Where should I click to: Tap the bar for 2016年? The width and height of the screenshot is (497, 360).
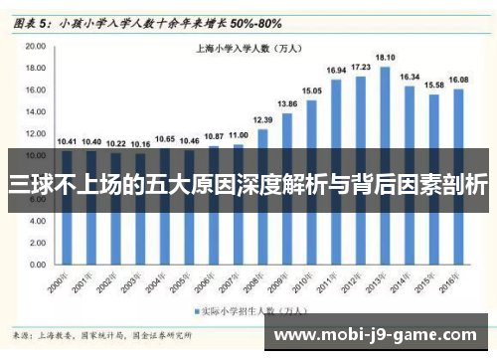point(458,169)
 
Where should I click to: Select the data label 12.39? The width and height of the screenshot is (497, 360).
point(262,119)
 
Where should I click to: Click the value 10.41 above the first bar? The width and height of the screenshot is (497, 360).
point(67,141)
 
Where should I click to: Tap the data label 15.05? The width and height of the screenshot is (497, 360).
point(312,90)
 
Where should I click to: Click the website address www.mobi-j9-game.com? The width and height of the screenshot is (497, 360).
point(381,336)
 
